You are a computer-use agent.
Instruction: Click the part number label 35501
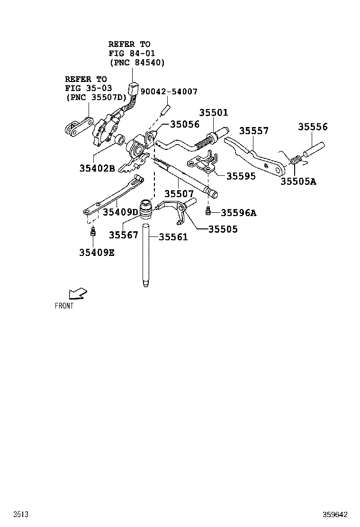[213, 113]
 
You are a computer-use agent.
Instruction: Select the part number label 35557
[253, 131]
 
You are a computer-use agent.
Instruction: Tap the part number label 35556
[313, 127]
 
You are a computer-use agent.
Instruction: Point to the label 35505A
[298, 181]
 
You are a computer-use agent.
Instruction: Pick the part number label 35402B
[97, 168]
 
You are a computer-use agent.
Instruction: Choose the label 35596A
[238, 213]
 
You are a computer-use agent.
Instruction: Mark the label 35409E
[97, 253]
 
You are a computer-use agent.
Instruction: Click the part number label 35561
[173, 237]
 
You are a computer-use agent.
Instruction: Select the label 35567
[123, 235]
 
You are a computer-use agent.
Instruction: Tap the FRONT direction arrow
[77, 294]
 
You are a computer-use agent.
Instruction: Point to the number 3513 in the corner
[20, 514]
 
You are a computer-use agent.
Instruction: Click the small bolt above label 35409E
[93, 232]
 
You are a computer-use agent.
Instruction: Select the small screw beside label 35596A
[208, 211]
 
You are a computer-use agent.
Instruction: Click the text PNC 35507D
[97, 97]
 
